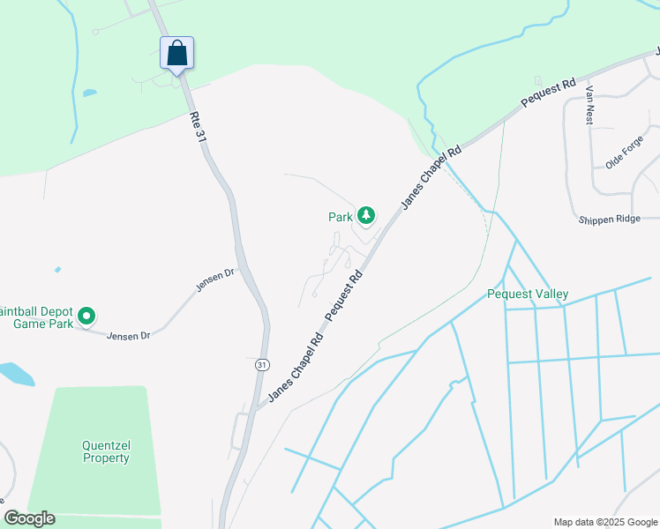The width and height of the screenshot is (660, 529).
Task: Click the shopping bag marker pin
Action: [x=176, y=53]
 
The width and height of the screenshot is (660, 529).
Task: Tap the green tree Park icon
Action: [x=365, y=215]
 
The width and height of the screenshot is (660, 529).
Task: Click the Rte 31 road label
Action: [x=198, y=126]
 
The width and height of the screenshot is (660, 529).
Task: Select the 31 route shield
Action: [x=262, y=364]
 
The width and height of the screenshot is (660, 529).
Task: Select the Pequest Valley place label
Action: [x=528, y=294]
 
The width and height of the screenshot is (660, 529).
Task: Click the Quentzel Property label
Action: [x=106, y=451]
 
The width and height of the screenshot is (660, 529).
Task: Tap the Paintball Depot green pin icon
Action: [x=86, y=315]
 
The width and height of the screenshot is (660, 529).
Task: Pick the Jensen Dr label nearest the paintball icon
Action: [x=129, y=335]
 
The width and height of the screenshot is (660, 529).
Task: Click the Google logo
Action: [x=29, y=518]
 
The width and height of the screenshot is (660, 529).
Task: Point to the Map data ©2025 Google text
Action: [x=604, y=521]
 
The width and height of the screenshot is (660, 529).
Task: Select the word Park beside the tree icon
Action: [x=341, y=216]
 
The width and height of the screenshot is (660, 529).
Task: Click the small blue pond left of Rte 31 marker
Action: [x=89, y=93]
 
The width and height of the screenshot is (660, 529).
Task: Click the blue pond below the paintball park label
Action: [x=16, y=373]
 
